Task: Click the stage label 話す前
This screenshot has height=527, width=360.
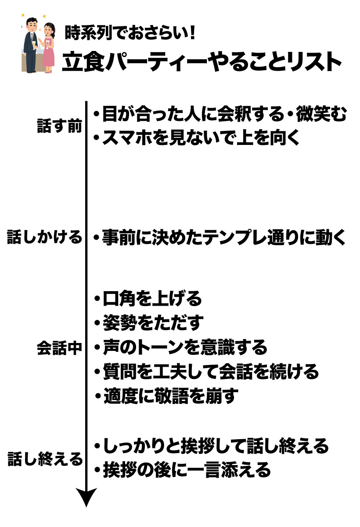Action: point(59,126)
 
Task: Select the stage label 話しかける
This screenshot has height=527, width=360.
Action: point(45,237)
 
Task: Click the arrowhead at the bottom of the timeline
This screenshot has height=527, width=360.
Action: point(86,497)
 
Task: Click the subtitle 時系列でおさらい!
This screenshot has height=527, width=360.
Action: point(130,32)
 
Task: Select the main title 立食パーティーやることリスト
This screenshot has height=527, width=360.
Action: point(202,61)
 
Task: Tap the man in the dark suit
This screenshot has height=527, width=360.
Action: point(31,45)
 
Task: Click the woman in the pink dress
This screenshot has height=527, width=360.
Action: point(48,47)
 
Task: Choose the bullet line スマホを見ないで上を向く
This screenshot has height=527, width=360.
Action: point(197,137)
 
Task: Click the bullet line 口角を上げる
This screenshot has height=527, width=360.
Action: point(148,298)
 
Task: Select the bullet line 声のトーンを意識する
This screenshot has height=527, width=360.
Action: point(181,347)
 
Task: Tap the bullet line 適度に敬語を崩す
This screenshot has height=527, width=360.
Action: point(166,396)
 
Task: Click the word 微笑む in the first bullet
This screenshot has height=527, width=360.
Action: point(321,114)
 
